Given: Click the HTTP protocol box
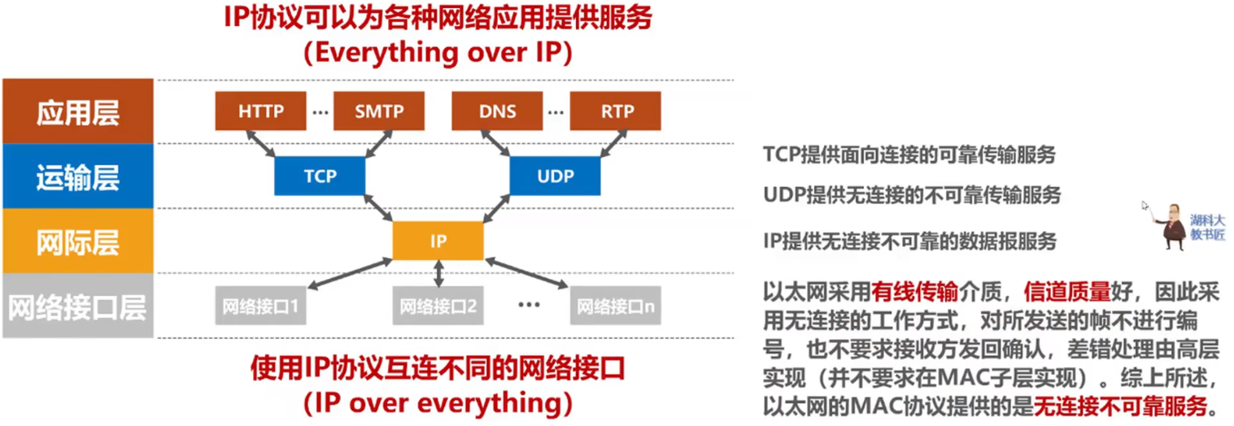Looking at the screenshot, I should pos(261,111).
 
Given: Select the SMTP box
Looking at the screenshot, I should pos(379,111).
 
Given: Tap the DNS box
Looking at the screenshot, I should pos(497,111).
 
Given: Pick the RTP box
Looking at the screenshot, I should pos(615,111).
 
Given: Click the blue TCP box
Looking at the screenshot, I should pos(320,176).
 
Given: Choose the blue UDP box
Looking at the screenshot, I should pos(555,176).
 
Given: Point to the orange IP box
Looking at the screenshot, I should pos(438,241).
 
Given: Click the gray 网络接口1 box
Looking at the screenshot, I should pos(260,306).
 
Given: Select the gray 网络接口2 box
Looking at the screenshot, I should pos(438,306).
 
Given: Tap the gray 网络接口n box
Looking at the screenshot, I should pos(615,306).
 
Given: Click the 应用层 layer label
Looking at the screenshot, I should pos(77,111).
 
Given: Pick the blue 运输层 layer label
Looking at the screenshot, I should pos(77,176).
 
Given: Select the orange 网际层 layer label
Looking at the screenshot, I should pos(77,241).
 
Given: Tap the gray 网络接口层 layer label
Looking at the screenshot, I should pos(77,307).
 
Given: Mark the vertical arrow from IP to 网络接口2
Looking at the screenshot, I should pos(438,273).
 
